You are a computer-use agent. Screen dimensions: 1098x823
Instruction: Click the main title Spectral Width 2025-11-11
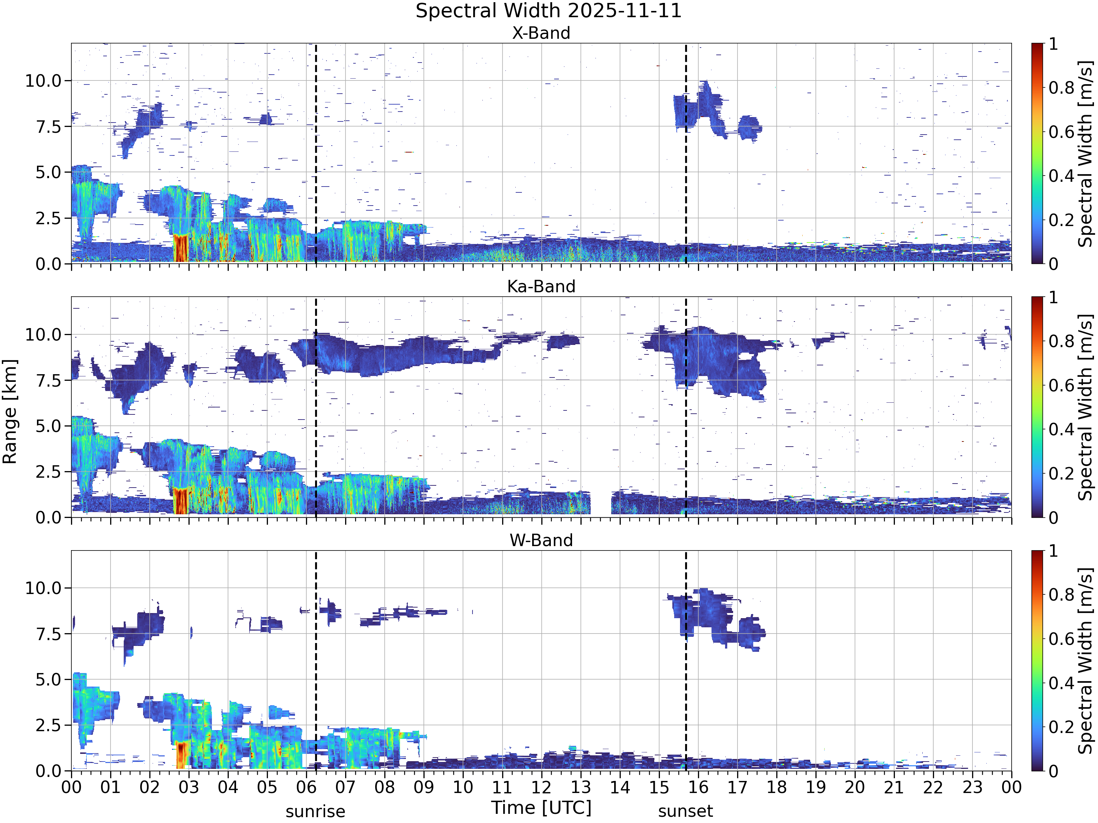pyautogui.click(x=549, y=11)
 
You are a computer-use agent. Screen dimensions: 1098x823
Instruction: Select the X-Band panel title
pyautogui.click(x=541, y=33)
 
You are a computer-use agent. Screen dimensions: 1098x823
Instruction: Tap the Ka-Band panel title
pyautogui.click(x=541, y=287)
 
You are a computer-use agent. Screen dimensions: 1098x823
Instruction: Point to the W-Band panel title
pyautogui.click(x=541, y=540)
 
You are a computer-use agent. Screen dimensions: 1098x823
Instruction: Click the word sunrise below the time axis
pyautogui.click(x=315, y=812)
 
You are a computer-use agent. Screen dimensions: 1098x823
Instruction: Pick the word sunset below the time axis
pyautogui.click(x=686, y=812)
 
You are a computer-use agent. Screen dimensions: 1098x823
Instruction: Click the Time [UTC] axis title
pyautogui.click(x=541, y=808)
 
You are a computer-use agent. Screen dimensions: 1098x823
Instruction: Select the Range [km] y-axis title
pyautogui.click(x=10, y=412)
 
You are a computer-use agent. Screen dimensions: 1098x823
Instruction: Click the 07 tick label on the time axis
pyautogui.click(x=346, y=787)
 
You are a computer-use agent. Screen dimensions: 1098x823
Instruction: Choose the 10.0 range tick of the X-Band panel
pyautogui.click(x=43, y=81)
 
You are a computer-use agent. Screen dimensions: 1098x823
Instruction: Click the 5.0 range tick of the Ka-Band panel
pyautogui.click(x=48, y=426)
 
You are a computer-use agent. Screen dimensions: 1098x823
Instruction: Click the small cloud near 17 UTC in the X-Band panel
pyautogui.click(x=750, y=128)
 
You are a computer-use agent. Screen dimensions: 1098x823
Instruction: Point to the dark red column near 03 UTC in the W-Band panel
pyautogui.click(x=182, y=755)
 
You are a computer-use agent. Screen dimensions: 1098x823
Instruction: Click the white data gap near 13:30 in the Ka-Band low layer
pyautogui.click(x=601, y=503)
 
